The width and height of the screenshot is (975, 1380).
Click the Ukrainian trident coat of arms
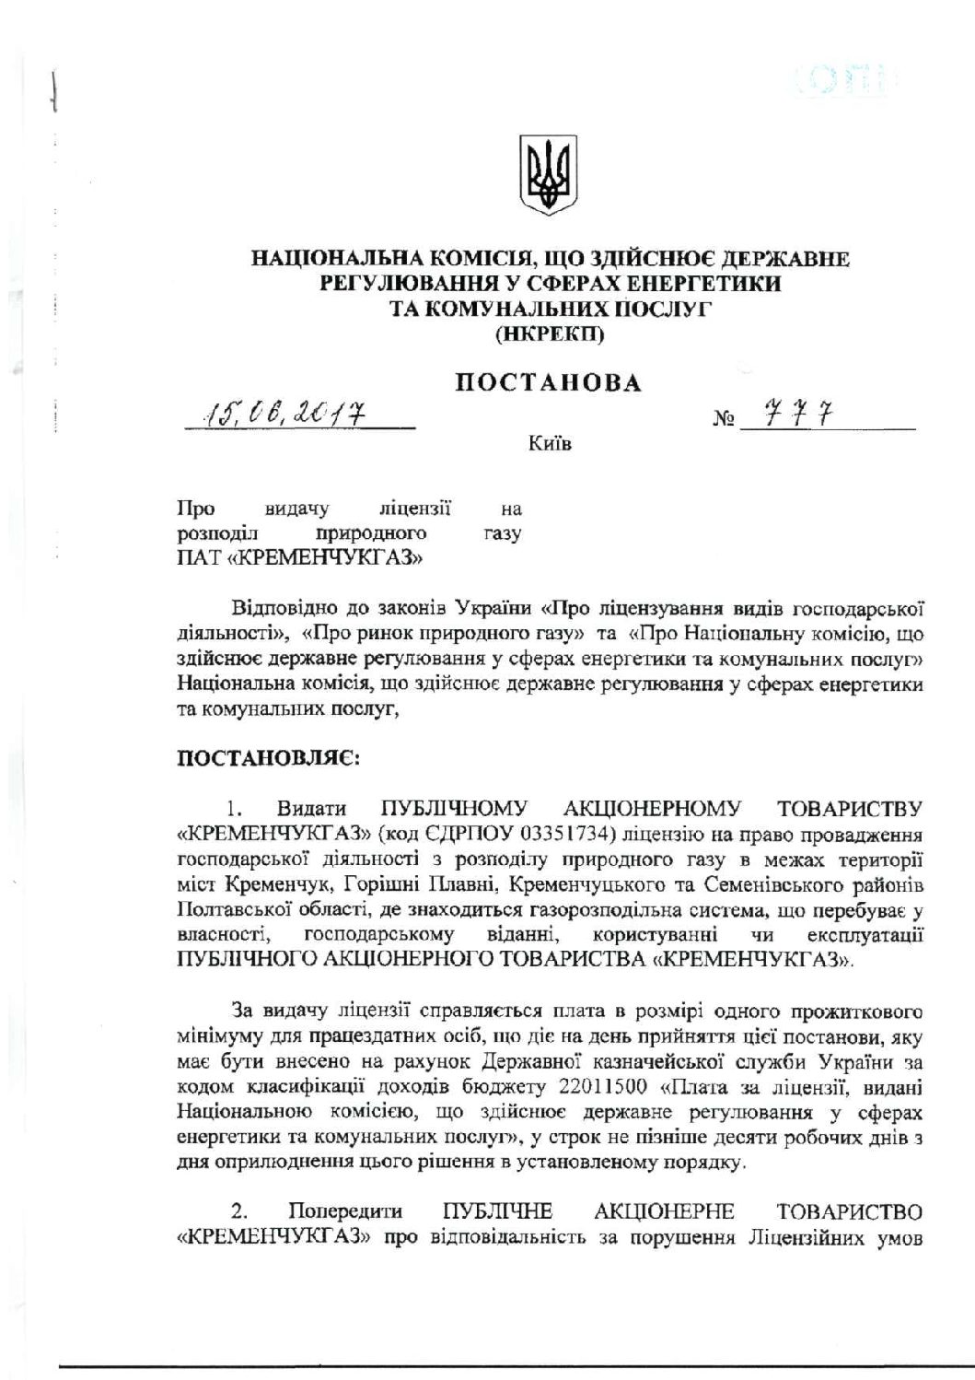pos(551,175)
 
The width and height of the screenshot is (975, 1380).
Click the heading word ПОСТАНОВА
pos(549,383)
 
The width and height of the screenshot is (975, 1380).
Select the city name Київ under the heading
pos(550,446)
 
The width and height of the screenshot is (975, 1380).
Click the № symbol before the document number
pos(723,423)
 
